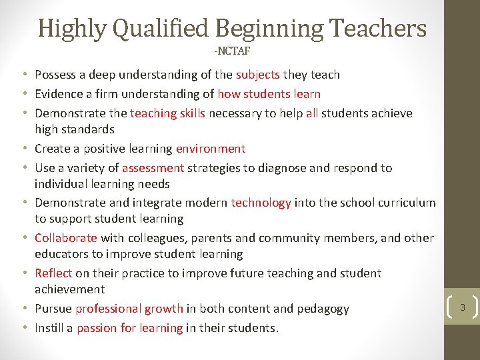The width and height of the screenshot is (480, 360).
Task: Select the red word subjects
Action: [x=257, y=75]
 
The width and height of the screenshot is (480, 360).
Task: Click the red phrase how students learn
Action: [x=269, y=94]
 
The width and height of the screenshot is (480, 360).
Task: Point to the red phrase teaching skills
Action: [x=167, y=113]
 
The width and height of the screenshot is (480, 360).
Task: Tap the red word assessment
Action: [x=153, y=168]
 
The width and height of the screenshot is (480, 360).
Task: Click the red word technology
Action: [x=261, y=203]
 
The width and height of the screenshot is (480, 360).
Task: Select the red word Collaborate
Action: [x=65, y=238]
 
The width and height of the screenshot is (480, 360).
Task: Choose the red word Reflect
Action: [x=53, y=273]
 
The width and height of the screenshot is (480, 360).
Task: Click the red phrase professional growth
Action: [x=129, y=309]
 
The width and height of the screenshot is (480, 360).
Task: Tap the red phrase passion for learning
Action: [x=129, y=328]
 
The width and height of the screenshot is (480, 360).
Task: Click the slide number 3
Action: [x=462, y=307]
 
